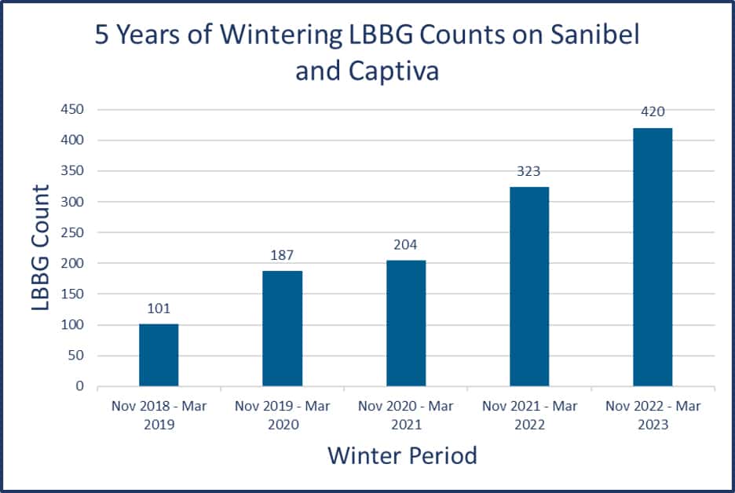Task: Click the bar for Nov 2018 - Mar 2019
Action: pyautogui.click(x=159, y=355)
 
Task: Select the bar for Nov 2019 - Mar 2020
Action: pyautogui.click(x=282, y=328)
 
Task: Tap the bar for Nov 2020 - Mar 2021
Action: pyautogui.click(x=405, y=323)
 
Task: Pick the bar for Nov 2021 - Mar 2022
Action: pyautogui.click(x=528, y=287)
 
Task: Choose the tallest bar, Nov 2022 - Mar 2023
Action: pyautogui.click(x=652, y=257)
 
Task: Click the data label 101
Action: pyautogui.click(x=159, y=309)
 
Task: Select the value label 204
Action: pyautogui.click(x=405, y=245)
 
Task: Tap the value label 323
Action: pyautogui.click(x=528, y=171)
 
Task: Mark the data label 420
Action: pyautogui.click(x=652, y=111)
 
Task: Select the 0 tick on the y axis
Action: pyautogui.click(x=79, y=386)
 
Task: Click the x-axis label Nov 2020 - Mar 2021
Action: pyautogui.click(x=405, y=415)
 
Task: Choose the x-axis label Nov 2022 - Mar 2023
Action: pyautogui.click(x=652, y=415)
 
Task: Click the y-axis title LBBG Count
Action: pyautogui.click(x=42, y=248)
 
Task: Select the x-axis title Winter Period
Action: pyautogui.click(x=402, y=455)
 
